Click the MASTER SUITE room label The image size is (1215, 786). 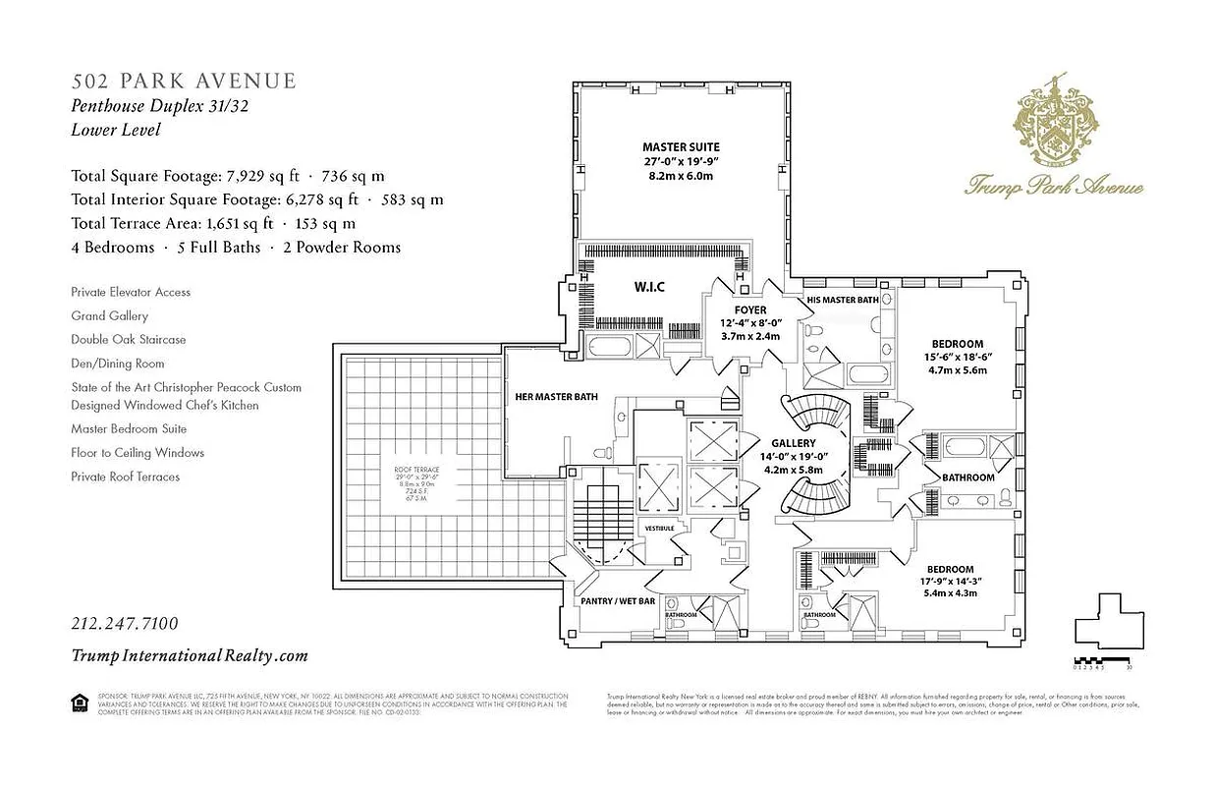[680, 147]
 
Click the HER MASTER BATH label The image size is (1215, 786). [557, 397]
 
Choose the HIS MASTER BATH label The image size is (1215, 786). [842, 299]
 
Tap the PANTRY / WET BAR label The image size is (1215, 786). [617, 600]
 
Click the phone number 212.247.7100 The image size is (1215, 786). [125, 624]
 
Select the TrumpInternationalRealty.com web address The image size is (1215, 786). [190, 655]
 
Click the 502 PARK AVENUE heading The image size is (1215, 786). [183, 81]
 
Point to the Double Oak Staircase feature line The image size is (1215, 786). [128, 340]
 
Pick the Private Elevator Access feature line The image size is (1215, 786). [131, 292]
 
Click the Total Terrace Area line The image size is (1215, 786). [213, 224]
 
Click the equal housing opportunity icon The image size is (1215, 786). [79, 701]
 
